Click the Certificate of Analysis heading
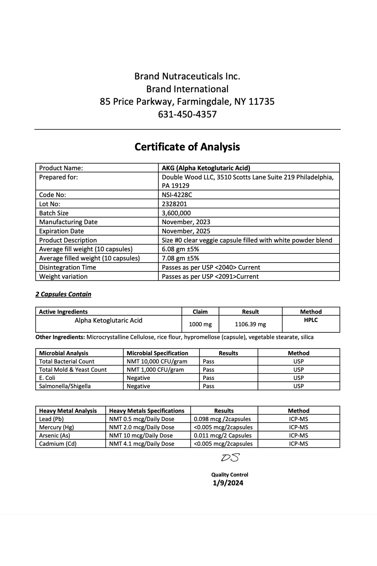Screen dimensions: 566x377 point(187,147)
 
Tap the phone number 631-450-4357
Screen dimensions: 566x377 point(187,114)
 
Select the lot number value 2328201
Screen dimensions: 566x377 point(174,204)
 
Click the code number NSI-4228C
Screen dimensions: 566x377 point(177,195)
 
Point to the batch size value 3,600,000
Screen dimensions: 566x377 point(176,213)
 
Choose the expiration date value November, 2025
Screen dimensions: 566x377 point(186,231)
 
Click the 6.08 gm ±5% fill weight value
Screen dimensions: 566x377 point(180,249)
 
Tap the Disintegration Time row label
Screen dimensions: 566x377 point(68,267)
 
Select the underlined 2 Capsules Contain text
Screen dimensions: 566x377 point(63,294)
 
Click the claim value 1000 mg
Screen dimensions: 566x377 point(200,324)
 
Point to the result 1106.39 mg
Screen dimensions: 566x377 point(250,324)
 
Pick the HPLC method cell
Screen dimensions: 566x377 point(311,320)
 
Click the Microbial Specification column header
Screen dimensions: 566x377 point(157,353)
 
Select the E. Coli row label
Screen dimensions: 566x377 point(47,378)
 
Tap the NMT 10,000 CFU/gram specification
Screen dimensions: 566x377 point(157,361)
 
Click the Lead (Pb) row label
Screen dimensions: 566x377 point(51,419)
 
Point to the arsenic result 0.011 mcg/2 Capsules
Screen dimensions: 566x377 point(222,436)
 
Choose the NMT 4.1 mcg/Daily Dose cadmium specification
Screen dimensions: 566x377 point(141,444)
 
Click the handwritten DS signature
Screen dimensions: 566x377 point(230,458)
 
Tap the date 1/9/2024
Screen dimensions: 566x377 point(228,483)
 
